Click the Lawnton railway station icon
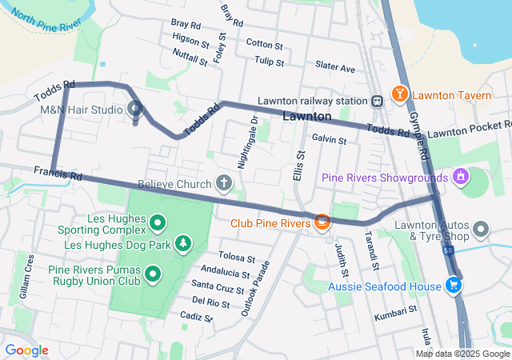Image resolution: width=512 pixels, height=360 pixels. tap(376, 101)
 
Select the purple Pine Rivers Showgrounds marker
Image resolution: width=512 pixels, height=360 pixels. tap(460, 175)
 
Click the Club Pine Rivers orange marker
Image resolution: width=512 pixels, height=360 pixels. tap(322, 222)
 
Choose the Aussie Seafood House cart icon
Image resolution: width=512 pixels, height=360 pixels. tap(454, 285)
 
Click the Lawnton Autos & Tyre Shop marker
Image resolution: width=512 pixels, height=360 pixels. tap(481, 230)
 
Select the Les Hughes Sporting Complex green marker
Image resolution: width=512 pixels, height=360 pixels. tap(157, 222)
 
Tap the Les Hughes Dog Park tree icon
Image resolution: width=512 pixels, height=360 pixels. tap(184, 242)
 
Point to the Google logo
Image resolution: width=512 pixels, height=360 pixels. tap(26, 350)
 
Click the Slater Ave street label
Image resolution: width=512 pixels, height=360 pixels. tap(335, 68)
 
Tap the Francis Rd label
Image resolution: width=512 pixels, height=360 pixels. tap(58, 173)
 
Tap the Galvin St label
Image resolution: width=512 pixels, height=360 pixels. tap(329, 139)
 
